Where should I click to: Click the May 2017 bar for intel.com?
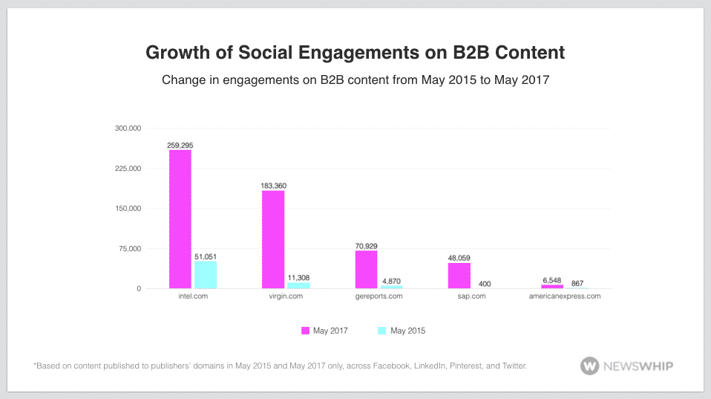click(180, 219)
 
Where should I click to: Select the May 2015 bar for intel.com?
click(206, 275)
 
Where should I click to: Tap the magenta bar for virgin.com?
click(273, 240)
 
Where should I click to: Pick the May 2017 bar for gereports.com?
click(366, 270)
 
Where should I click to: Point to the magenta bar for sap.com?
click(459, 276)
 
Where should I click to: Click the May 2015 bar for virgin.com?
click(298, 285)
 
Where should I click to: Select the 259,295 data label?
click(180, 145)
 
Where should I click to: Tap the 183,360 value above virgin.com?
click(273, 186)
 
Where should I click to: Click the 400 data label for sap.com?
click(485, 284)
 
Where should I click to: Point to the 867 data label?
click(577, 283)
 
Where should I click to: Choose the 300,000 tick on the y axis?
click(128, 128)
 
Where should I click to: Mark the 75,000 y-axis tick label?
click(130, 249)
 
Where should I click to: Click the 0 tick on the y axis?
click(139, 289)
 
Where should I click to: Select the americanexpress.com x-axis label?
click(565, 296)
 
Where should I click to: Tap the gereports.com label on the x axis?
click(379, 296)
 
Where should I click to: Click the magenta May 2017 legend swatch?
click(305, 331)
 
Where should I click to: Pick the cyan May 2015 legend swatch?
click(381, 331)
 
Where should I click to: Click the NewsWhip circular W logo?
click(589, 366)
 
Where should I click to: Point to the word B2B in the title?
click(471, 53)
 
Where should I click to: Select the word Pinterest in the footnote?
click(465, 366)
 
